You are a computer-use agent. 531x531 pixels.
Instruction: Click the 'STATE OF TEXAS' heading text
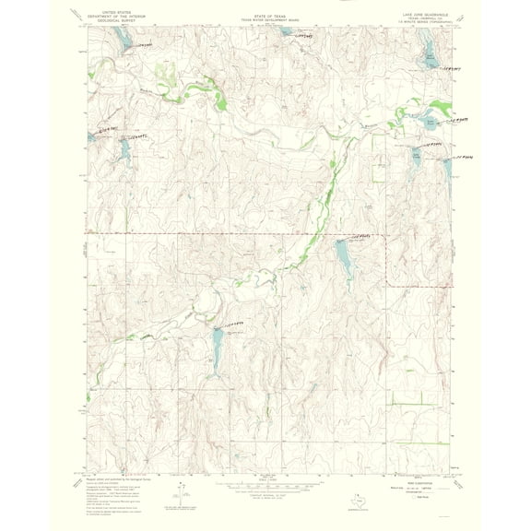pos(265,16)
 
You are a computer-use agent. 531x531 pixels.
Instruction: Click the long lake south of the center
pos(214,349)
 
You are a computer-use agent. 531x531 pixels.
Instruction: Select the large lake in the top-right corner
pos(430,55)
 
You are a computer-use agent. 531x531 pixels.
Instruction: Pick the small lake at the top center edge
pos(287,31)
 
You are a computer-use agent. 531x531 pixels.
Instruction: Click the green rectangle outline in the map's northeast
pos(377,165)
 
